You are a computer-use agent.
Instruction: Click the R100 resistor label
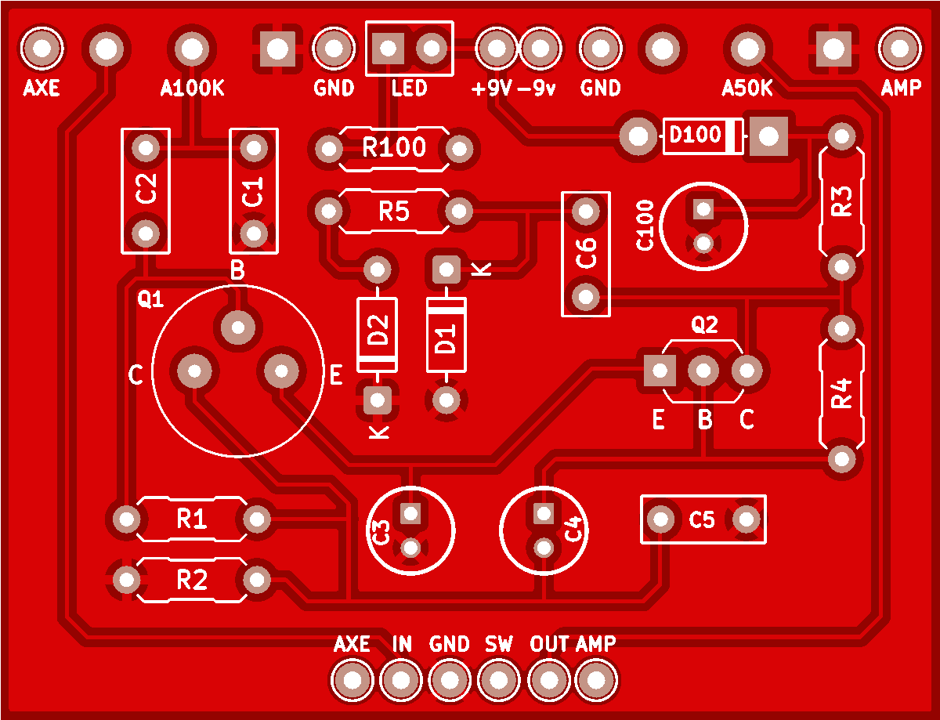[394, 147]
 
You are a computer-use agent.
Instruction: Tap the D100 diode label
[695, 135]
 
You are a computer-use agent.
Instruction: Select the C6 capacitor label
[586, 254]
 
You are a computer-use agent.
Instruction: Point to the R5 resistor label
[394, 212]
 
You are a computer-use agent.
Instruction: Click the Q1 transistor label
[150, 298]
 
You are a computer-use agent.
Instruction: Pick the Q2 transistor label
[705, 324]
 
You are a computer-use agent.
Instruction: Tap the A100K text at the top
[192, 89]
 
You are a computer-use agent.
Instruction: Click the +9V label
[491, 89]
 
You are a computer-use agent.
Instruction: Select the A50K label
[747, 89]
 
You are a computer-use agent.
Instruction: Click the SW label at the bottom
[499, 644]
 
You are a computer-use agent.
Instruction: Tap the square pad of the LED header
[388, 48]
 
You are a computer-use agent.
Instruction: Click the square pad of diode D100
[768, 136]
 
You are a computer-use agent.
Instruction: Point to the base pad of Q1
[238, 327]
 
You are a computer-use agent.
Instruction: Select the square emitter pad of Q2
[660, 371]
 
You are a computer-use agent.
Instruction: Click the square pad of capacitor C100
[703, 209]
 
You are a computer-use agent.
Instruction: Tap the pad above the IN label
[401, 680]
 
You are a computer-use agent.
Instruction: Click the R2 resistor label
[192, 581]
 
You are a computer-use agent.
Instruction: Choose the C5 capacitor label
[702, 519]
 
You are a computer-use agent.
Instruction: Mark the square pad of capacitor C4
[544, 514]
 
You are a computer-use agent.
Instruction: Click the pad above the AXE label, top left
[42, 48]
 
